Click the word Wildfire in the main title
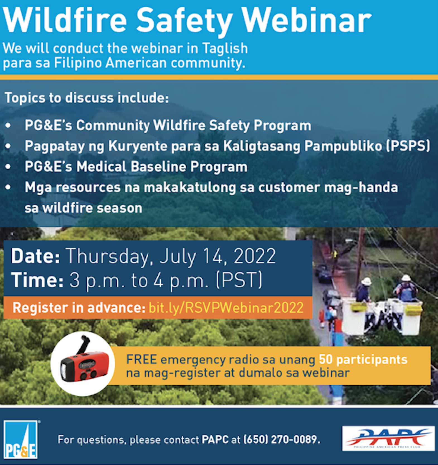(65, 20)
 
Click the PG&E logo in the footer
(21, 439)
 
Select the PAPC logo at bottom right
(388, 438)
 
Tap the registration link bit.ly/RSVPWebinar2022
(226, 308)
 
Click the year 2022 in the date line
(254, 256)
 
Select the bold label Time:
(37, 280)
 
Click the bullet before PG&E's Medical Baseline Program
(8, 167)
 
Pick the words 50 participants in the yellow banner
(363, 360)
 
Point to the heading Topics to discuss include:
(87, 98)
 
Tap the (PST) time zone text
(239, 280)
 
